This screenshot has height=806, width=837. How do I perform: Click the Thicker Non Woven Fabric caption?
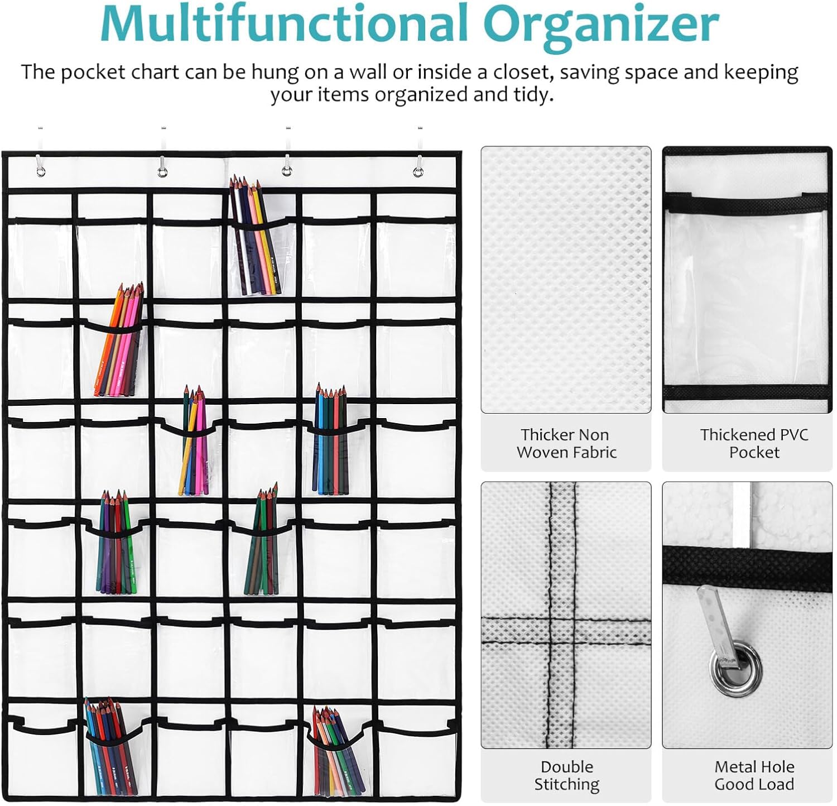click(x=566, y=443)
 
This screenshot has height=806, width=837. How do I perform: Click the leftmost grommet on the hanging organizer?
click(x=41, y=171)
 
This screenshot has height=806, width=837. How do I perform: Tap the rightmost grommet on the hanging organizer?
click(x=417, y=171)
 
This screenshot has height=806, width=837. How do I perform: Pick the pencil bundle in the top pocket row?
click(x=255, y=237)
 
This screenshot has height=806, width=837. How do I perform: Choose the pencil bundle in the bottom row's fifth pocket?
click(x=335, y=751)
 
